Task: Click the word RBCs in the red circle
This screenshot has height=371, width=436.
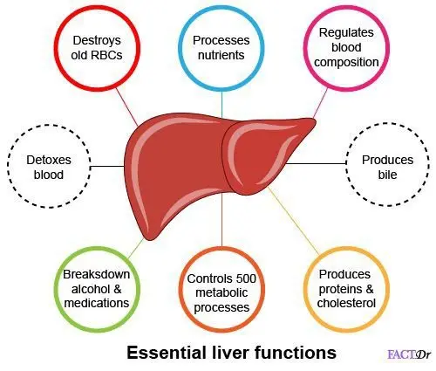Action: (x=106, y=55)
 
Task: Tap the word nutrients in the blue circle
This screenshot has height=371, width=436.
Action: (x=221, y=55)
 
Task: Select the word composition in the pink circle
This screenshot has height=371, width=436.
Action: (x=346, y=63)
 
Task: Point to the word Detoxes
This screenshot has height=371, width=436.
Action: (x=49, y=160)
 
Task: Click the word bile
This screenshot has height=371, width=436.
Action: (x=387, y=175)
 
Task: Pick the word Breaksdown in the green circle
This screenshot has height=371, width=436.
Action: (x=97, y=274)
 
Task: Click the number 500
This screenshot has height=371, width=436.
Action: (x=246, y=278)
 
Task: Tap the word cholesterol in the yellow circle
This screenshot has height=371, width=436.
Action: (x=346, y=303)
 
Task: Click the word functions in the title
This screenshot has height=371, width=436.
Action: (x=296, y=353)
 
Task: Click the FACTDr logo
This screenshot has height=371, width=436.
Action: (x=409, y=354)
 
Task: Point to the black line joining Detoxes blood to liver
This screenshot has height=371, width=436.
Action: (x=107, y=167)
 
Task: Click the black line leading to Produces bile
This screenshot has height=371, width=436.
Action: (x=316, y=163)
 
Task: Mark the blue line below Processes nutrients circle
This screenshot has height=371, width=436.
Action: (x=221, y=105)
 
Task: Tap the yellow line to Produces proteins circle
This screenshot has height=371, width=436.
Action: (x=293, y=221)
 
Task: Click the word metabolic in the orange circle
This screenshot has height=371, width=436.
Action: (x=221, y=292)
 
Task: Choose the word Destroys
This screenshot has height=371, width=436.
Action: (x=97, y=40)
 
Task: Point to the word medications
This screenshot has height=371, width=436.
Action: (x=97, y=303)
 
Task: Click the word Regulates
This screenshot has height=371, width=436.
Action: (x=346, y=32)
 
